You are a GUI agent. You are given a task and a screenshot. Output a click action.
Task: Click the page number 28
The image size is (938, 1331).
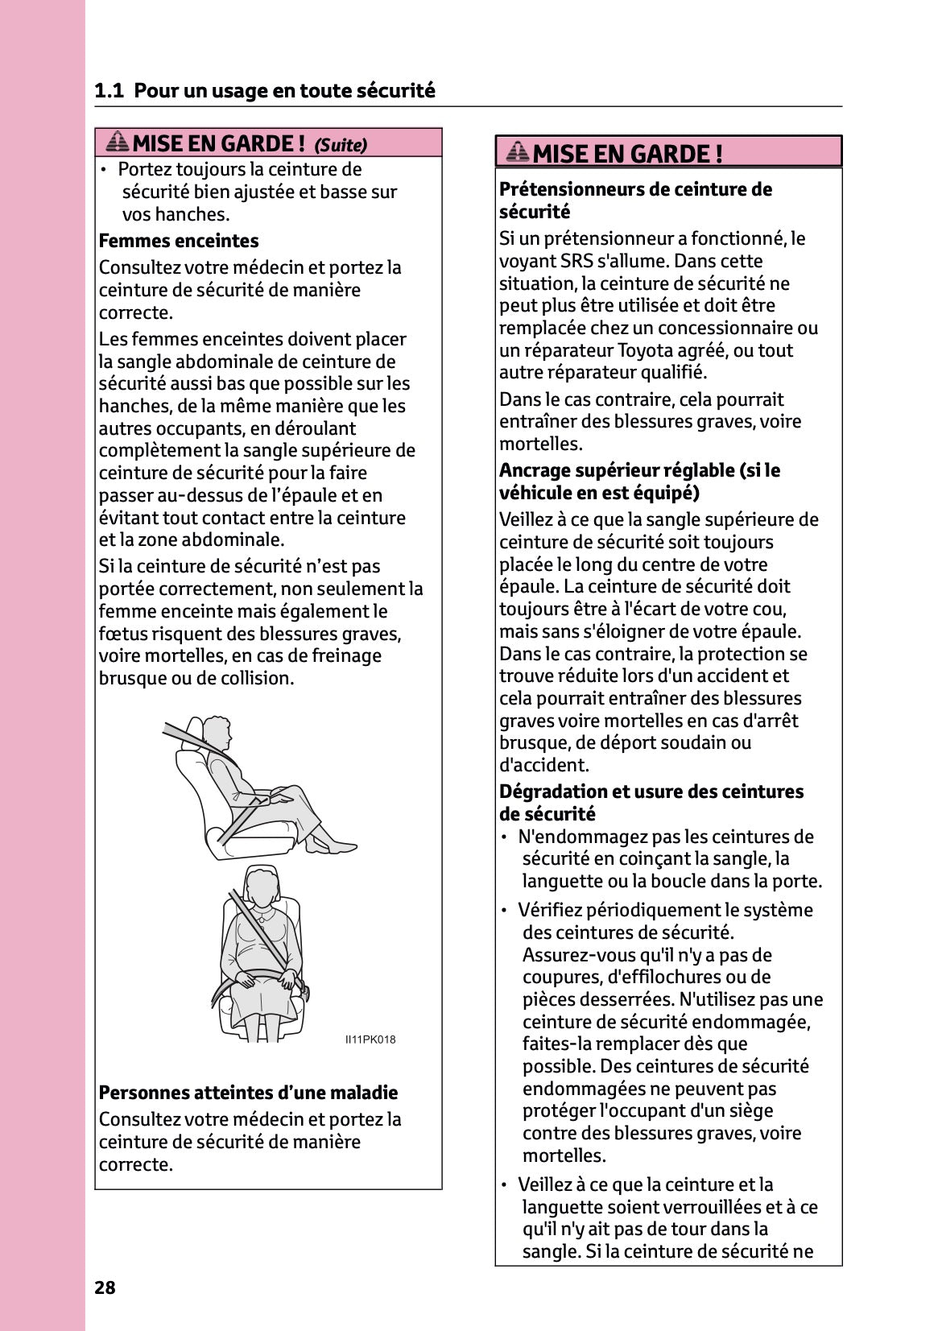tap(105, 1288)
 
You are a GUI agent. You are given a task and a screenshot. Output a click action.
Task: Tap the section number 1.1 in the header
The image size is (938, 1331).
tap(109, 91)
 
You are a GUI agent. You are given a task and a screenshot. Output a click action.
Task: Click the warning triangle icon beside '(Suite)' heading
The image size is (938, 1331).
tap(118, 143)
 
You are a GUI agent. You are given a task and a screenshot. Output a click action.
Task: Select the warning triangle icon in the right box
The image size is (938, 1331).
tap(518, 151)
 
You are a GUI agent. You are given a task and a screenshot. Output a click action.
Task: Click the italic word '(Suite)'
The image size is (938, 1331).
tap(341, 145)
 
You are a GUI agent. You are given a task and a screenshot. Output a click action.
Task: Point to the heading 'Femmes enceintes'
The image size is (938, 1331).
tap(179, 241)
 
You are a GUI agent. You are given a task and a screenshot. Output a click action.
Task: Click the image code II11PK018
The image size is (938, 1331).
tap(370, 1039)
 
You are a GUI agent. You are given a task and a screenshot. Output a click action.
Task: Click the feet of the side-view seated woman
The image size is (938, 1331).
tap(334, 845)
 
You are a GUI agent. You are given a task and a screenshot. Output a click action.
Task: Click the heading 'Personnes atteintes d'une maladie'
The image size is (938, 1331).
tap(248, 1093)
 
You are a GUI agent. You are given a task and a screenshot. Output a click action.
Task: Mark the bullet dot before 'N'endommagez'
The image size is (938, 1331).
tap(504, 837)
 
